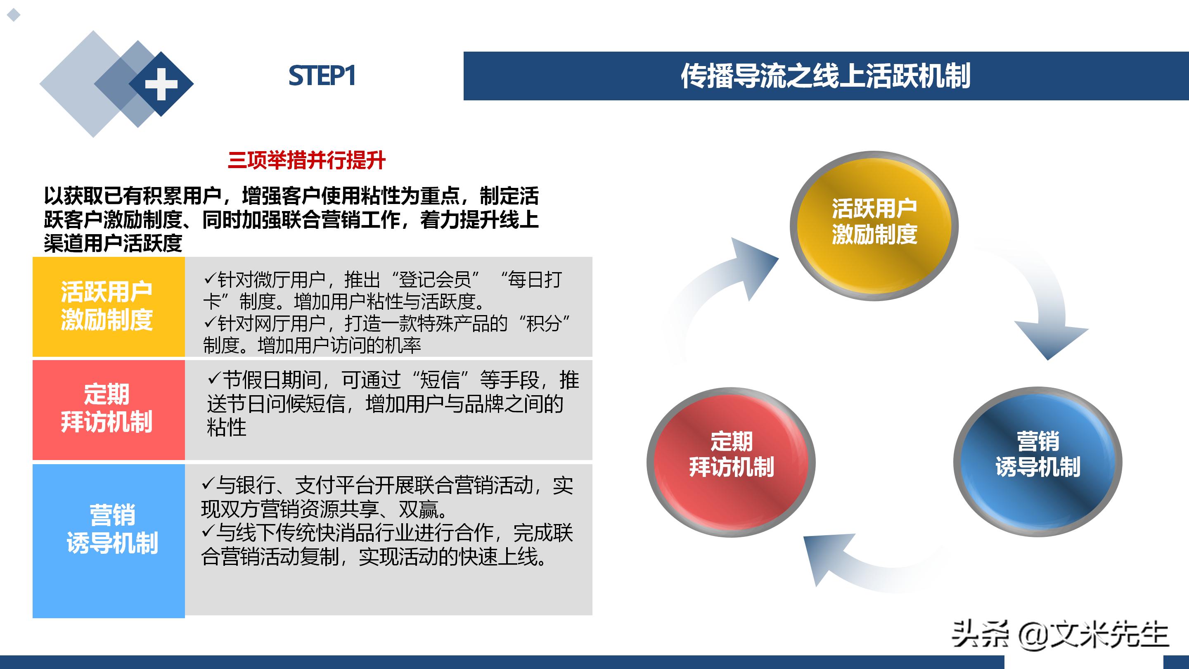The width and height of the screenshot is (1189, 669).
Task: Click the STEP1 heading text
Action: (x=322, y=76)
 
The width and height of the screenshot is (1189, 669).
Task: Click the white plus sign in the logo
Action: (x=161, y=84)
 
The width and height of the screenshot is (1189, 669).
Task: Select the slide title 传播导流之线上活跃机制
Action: (x=825, y=76)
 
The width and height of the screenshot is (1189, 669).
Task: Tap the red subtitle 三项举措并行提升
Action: (x=306, y=161)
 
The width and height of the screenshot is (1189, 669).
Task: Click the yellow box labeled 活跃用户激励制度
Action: (x=109, y=306)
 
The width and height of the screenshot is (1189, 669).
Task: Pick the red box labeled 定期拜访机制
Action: (x=109, y=409)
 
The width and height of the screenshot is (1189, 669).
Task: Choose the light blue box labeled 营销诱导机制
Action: (x=109, y=540)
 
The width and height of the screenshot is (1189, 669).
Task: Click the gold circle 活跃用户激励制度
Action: (x=874, y=226)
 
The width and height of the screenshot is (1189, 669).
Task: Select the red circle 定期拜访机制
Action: (x=731, y=462)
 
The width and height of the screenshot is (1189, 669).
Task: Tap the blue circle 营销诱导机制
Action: (x=1037, y=462)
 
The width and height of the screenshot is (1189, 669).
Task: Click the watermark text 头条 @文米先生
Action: (x=1060, y=634)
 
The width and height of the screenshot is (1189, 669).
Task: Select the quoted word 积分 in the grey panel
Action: (x=548, y=323)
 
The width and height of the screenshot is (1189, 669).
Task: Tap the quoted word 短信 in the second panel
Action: (x=440, y=380)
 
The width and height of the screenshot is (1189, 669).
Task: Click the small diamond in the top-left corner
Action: (x=14, y=15)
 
